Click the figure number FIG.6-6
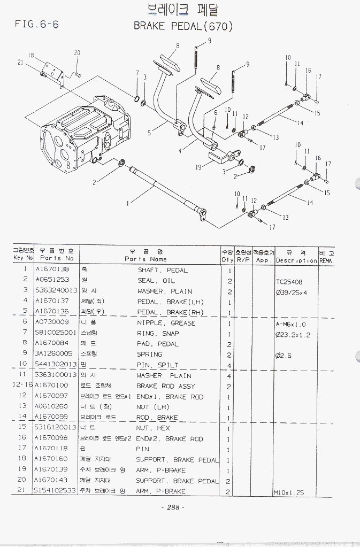click(x=37, y=24)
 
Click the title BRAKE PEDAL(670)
click(x=183, y=26)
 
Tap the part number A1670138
click(x=52, y=270)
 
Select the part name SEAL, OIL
click(x=156, y=281)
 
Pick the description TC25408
click(x=289, y=281)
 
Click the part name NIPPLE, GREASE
click(x=166, y=323)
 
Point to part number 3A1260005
click(x=53, y=354)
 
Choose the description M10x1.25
click(x=289, y=492)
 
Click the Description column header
click(x=297, y=260)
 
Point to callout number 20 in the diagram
click(x=77, y=52)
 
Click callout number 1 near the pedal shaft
click(x=127, y=203)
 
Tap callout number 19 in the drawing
click(x=198, y=167)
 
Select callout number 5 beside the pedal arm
click(x=150, y=130)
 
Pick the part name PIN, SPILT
click(x=158, y=365)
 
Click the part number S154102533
click(x=55, y=491)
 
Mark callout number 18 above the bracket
click(x=31, y=56)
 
